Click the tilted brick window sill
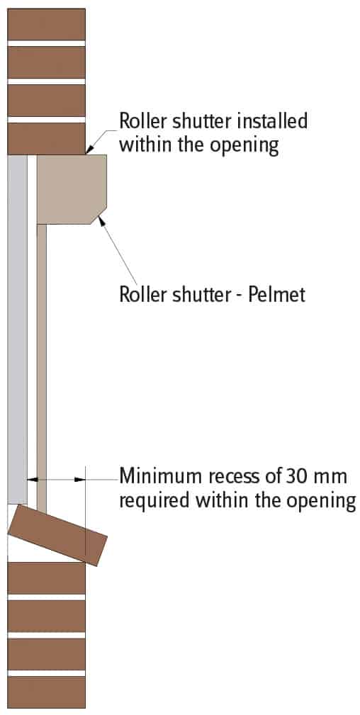(57, 534)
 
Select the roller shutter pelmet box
(72, 189)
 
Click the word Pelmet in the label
(277, 294)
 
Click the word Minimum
(161, 476)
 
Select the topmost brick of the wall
(47, 24)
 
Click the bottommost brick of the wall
(47, 692)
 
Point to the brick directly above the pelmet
(47, 139)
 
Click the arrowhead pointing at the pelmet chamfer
(101, 220)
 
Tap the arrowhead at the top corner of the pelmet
(89, 149)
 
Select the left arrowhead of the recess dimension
(32, 479)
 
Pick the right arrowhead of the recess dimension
(80, 479)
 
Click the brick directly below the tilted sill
(47, 578)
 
